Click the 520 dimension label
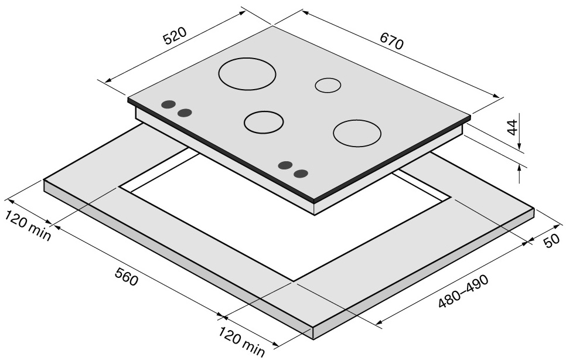coord(175,35)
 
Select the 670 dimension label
coord(391,41)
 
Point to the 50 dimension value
coord(552,241)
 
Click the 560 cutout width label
coord(127,277)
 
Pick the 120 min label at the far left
coord(28,225)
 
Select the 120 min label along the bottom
coord(241,341)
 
